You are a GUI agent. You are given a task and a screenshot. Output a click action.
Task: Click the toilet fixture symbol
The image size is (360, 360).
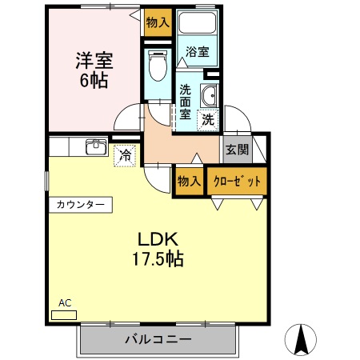[158, 66]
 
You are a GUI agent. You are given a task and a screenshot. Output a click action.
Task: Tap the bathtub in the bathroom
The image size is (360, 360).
[197, 22]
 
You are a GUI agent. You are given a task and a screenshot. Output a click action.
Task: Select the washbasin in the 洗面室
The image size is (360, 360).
[210, 95]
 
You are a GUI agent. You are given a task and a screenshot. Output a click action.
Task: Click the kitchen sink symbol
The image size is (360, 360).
[96, 146]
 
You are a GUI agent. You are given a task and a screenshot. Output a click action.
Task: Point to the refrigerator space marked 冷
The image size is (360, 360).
[125, 156]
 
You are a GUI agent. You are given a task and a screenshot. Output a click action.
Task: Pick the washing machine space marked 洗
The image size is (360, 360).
[208, 120]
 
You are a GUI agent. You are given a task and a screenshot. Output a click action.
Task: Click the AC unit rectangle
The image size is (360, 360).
[64, 315]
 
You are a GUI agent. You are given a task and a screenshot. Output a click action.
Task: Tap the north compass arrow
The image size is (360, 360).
[302, 339]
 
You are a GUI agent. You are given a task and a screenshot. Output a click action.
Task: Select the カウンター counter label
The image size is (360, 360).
[80, 205]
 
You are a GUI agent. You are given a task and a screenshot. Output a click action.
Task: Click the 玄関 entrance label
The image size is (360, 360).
[237, 150]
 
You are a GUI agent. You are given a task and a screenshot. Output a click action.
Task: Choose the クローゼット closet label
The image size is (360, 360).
[237, 182]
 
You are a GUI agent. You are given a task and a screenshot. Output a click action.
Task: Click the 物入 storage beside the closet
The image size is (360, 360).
[189, 182]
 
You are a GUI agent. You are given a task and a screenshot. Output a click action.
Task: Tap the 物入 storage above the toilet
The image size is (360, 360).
[158, 22]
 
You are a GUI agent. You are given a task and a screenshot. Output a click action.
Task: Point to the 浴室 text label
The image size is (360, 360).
[198, 51]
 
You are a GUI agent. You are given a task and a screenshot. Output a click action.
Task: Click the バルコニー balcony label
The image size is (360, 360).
[158, 339]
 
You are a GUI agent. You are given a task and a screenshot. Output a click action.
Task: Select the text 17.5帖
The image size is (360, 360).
[158, 258]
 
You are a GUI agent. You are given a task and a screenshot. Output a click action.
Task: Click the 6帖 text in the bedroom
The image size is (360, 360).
[94, 80]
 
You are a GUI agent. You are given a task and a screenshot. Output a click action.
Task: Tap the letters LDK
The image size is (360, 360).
[158, 239]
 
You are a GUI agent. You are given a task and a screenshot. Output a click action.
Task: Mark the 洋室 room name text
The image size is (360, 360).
[94, 61]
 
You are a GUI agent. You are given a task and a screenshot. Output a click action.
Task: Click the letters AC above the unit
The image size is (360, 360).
[65, 303]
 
